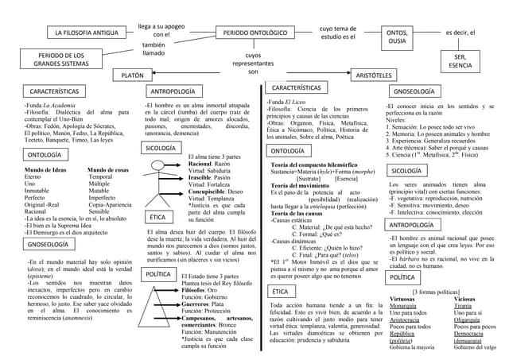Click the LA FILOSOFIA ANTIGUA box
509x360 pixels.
point(85,34)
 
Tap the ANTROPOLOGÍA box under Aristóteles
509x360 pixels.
point(413,225)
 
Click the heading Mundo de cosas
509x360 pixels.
point(108,170)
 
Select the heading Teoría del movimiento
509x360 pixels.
point(306,185)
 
